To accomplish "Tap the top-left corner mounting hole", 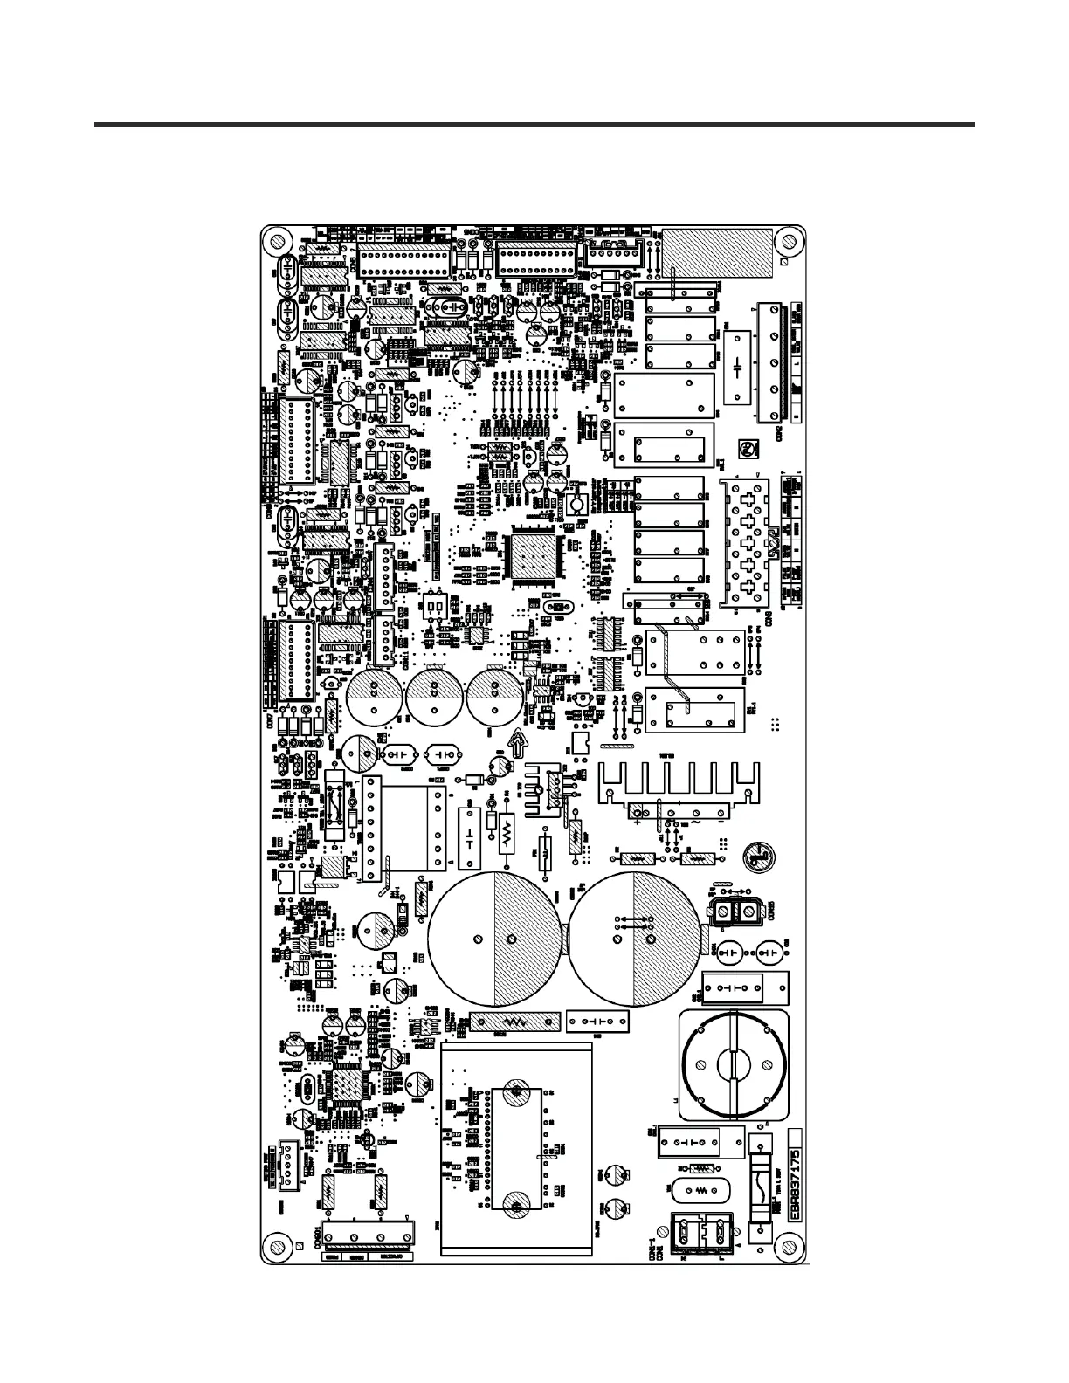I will [x=277, y=241].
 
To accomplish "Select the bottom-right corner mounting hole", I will [x=790, y=1243].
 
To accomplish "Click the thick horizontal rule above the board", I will [x=534, y=125].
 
